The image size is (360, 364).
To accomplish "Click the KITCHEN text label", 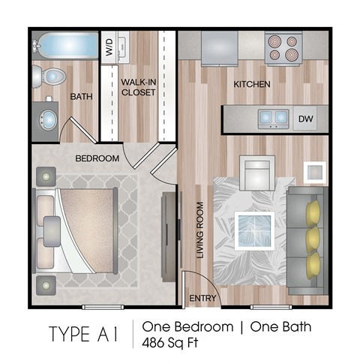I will point(251,84).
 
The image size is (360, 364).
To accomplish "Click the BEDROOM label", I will point(97,158).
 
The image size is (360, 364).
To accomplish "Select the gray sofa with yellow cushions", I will point(308,239).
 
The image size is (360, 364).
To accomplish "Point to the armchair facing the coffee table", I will point(255,174).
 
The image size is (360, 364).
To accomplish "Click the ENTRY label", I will point(202,298).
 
